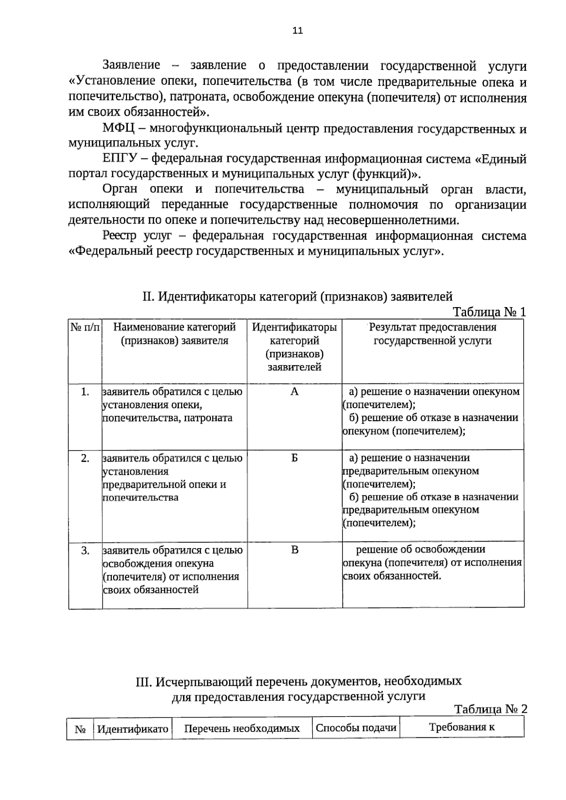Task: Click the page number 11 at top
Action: (x=297, y=31)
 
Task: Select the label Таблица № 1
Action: (x=489, y=312)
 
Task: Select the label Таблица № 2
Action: (x=491, y=709)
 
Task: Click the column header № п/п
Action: (x=85, y=327)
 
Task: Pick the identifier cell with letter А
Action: (x=294, y=392)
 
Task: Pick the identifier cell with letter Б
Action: (x=294, y=458)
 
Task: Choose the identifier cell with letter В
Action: (x=294, y=550)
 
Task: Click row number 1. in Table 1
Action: (x=85, y=392)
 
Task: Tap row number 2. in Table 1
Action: (x=85, y=458)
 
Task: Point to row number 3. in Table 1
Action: (x=85, y=550)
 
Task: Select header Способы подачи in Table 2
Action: (x=356, y=727)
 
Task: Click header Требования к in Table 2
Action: (x=462, y=727)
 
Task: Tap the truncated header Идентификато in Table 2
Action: (x=133, y=729)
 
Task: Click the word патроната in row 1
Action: (x=208, y=418)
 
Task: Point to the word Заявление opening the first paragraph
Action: (x=131, y=65)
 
